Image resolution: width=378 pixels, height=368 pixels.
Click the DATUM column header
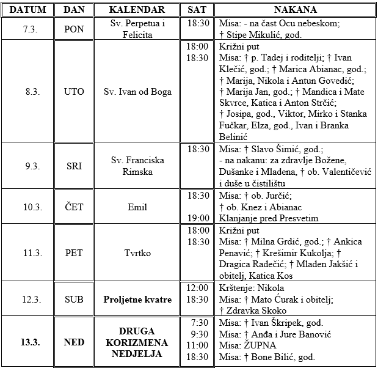pos(26,10)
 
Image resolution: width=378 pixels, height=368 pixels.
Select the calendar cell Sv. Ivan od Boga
pos(137,92)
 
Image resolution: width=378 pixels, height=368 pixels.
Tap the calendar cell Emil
pos(137,207)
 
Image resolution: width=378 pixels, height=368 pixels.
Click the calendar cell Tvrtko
pos(137,253)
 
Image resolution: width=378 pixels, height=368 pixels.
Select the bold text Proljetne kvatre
pos(137,300)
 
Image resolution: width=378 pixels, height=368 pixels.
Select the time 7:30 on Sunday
pos(200,323)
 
